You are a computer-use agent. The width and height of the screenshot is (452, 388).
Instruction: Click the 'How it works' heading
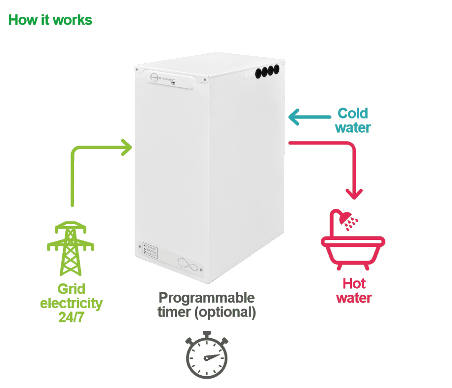click(50, 20)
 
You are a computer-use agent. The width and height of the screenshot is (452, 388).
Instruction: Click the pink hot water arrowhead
click(354, 193)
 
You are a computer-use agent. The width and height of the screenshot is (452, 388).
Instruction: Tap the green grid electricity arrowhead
click(127, 147)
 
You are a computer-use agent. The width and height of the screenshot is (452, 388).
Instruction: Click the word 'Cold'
click(353, 114)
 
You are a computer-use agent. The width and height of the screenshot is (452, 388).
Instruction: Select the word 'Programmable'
click(207, 298)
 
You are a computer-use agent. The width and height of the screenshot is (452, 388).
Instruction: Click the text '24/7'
click(72, 317)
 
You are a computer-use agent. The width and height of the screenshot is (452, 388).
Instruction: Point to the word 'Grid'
click(72, 289)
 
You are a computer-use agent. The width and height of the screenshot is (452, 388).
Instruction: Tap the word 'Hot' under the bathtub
click(354, 284)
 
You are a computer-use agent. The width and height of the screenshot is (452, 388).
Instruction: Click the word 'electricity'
click(72, 303)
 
